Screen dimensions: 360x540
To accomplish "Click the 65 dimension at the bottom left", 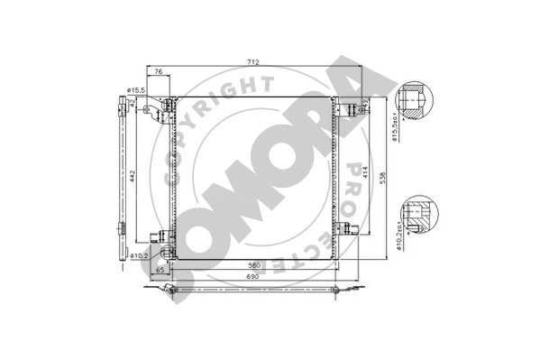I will pos(160,269).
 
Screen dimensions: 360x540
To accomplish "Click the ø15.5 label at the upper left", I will pos(137,90).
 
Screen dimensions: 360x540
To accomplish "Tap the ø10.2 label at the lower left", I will pos(137,255).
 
